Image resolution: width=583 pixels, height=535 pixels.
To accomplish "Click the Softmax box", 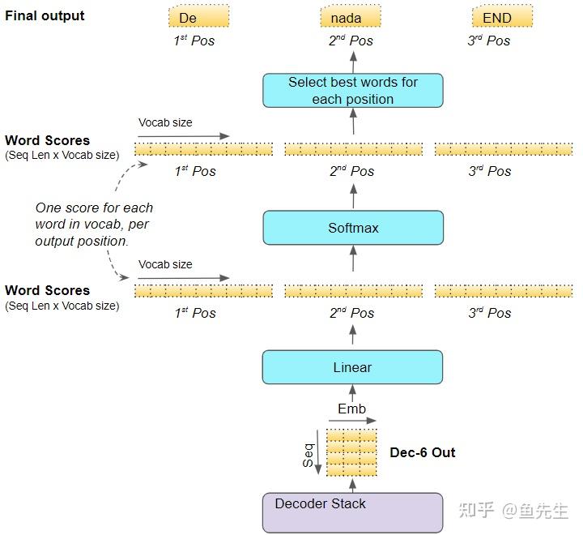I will click(353, 228).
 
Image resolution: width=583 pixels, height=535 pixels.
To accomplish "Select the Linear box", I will click(353, 367).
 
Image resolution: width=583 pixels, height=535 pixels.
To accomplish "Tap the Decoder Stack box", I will click(353, 511).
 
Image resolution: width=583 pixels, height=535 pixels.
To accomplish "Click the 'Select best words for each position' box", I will click(353, 90).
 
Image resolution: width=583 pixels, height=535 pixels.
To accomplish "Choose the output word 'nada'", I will click(351, 17).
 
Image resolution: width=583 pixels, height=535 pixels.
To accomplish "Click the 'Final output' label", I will click(45, 15).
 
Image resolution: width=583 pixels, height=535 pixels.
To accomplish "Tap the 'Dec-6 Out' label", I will click(423, 452).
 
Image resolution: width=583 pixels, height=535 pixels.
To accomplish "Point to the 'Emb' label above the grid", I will click(351, 409).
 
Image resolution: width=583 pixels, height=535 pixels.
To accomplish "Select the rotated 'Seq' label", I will click(308, 456).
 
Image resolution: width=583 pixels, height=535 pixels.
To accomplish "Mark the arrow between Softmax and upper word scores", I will click(353, 195).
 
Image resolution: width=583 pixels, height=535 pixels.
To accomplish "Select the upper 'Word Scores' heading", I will click(47, 140).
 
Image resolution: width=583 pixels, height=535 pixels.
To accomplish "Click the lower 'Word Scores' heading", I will click(47, 290).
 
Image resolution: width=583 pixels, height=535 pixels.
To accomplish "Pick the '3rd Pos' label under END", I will click(489, 40).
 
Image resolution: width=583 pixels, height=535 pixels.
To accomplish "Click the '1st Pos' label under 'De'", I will click(194, 40).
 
